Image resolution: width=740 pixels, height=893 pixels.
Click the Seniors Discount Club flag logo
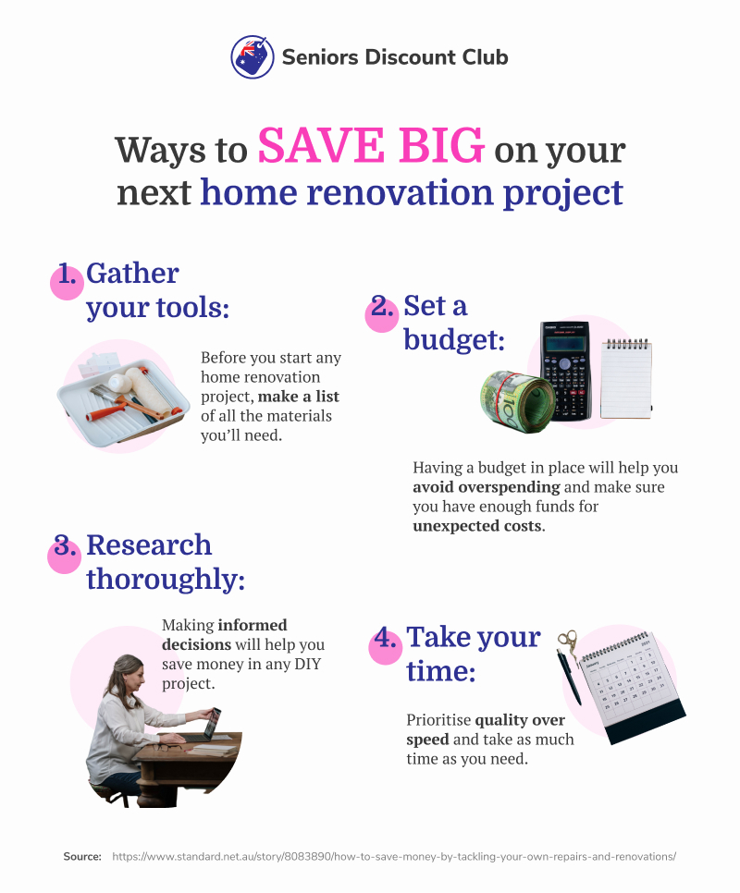253,57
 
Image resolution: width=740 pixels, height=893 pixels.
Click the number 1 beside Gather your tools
68,275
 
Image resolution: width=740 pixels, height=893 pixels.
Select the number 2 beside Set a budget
382,308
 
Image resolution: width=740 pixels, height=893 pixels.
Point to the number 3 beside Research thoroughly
65,546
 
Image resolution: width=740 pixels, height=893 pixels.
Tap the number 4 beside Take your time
385,638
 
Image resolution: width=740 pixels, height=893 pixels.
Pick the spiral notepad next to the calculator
626,379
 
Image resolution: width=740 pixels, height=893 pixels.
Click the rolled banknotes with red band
516,401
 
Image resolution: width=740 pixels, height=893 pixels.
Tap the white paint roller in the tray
144,390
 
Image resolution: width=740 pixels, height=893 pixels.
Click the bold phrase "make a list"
299,397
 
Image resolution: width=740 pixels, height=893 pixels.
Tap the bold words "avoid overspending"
487,487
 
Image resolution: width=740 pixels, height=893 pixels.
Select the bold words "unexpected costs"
477,526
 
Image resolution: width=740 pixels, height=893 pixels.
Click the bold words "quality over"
520,720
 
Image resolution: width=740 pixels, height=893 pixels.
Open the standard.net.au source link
394,857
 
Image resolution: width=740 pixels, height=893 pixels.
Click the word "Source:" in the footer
82,857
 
